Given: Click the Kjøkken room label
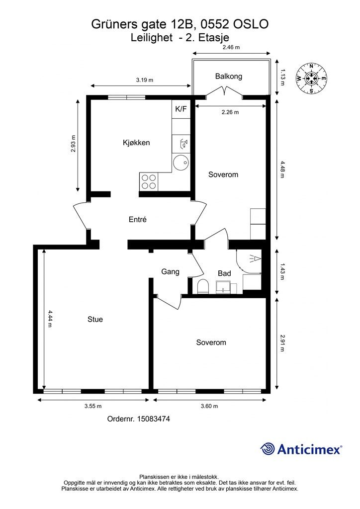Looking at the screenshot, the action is [x=136, y=143].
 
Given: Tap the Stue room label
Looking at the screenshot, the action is [x=95, y=320].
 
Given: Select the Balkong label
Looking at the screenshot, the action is [x=229, y=77].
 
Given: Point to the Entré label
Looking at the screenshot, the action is [x=138, y=219].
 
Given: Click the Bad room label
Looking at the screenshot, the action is [x=224, y=273].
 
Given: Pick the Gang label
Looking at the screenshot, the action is [x=171, y=272].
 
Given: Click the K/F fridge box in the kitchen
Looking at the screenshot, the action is [x=181, y=109].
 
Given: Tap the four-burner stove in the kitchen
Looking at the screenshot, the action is [x=149, y=182].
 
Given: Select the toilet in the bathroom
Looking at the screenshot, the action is [x=203, y=286].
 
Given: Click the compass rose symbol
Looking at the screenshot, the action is [x=311, y=78].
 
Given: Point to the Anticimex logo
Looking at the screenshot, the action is [x=301, y=449].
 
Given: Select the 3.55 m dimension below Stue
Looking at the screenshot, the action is [x=93, y=406].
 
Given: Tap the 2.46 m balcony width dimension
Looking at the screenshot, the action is [x=231, y=47].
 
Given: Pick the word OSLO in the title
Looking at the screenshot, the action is [x=251, y=24].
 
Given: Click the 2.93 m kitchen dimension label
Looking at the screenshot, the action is [x=74, y=144].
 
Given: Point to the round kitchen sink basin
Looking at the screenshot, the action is [x=181, y=163].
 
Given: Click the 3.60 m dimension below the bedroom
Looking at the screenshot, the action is [x=209, y=406].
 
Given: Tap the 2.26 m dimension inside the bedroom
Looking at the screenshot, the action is [x=230, y=112].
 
